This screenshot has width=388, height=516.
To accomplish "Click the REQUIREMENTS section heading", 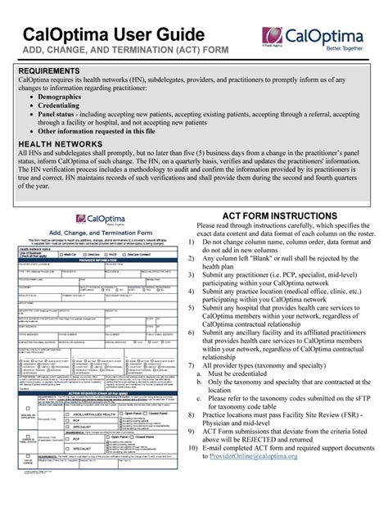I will pyautogui.click(x=54, y=71).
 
